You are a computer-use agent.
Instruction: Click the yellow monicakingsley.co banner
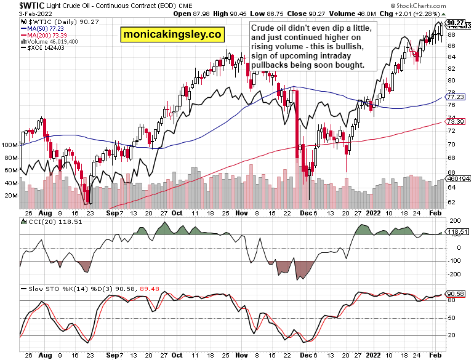[172, 35]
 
